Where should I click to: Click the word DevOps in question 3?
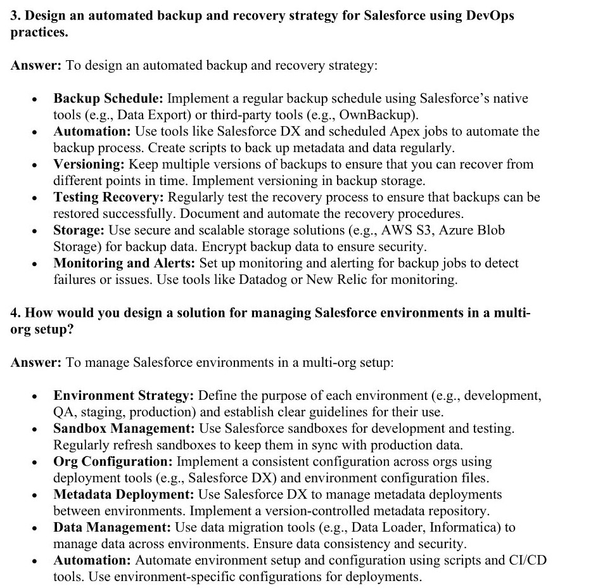point(490,15)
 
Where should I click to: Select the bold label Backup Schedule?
point(108,99)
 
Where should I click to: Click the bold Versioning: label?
point(89,165)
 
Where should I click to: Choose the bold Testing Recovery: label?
point(109,198)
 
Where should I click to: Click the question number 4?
point(15,313)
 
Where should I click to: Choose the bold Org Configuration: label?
point(113,462)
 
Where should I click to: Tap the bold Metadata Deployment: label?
point(124,495)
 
